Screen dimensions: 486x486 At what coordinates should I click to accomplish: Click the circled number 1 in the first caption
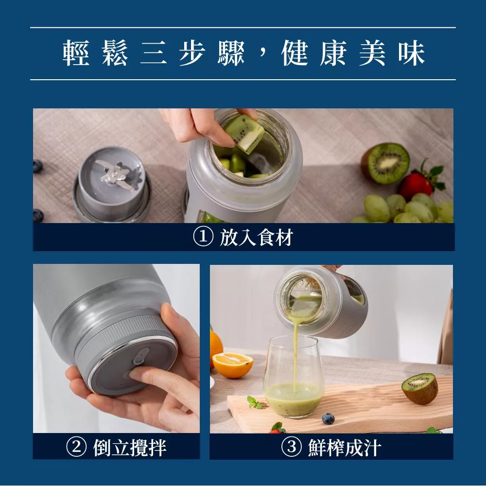click(x=203, y=237)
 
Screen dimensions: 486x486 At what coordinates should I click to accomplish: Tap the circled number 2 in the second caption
click(x=76, y=447)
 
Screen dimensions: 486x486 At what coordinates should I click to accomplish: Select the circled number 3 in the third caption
click(x=291, y=447)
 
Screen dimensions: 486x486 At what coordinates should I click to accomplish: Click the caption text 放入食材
click(x=256, y=238)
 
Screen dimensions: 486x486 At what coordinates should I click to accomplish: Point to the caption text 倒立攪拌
click(x=130, y=447)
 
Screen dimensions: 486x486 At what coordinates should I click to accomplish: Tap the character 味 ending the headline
click(x=411, y=54)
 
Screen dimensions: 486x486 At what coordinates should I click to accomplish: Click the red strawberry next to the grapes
click(x=417, y=185)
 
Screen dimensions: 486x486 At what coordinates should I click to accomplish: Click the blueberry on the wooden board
click(x=329, y=418)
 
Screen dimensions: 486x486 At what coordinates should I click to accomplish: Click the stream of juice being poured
click(x=295, y=350)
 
